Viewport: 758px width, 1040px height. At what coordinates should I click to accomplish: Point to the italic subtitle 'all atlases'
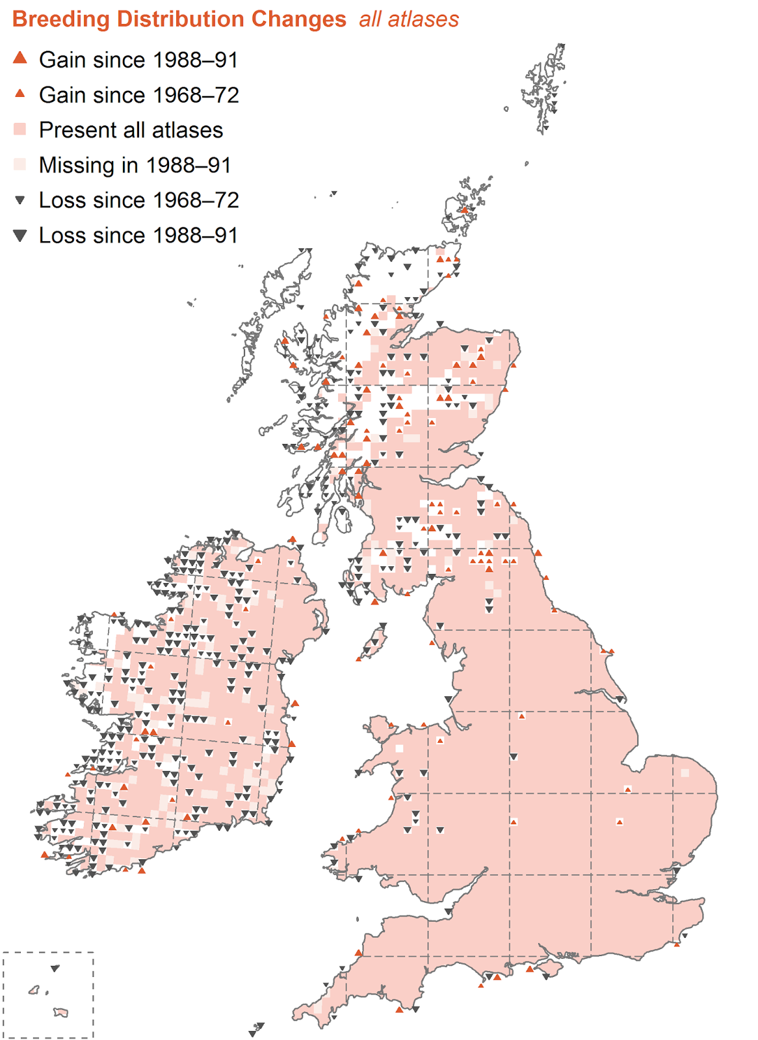(x=409, y=19)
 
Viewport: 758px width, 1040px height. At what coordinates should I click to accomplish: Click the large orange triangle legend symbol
(x=20, y=58)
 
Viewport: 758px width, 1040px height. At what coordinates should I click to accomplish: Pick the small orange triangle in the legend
(x=20, y=94)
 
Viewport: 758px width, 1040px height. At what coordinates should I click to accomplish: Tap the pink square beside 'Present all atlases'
(x=20, y=129)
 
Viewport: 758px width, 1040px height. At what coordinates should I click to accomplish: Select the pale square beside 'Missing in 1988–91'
(x=20, y=164)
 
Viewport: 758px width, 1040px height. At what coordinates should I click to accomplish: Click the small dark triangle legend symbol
(x=20, y=200)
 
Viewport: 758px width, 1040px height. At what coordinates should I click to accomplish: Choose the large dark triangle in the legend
(x=20, y=235)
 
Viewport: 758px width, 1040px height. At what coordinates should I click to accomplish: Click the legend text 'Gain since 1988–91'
(x=138, y=60)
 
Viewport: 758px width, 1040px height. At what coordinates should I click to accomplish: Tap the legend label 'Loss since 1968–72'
(x=138, y=200)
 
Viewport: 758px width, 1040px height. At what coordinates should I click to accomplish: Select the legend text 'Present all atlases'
(x=131, y=130)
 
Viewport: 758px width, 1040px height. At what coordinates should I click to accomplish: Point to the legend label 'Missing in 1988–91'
(x=135, y=165)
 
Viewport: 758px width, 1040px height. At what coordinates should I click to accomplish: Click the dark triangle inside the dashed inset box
(x=55, y=968)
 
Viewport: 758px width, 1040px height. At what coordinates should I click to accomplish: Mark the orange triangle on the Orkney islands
(x=464, y=210)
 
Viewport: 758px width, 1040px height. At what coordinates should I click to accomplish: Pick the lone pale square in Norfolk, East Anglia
(x=685, y=773)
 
